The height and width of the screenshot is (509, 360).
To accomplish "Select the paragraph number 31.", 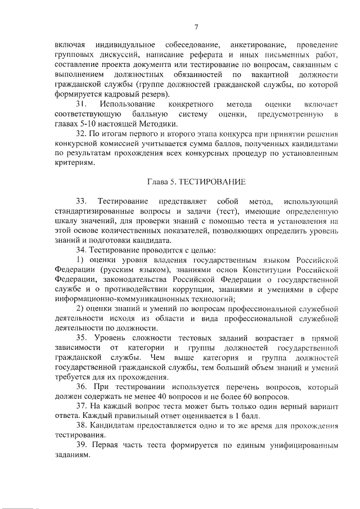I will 81,105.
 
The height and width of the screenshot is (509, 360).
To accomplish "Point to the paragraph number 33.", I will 81,201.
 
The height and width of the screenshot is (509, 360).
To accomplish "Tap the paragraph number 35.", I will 81,337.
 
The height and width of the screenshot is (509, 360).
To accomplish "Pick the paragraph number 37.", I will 81,406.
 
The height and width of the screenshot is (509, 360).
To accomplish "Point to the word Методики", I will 160,124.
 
